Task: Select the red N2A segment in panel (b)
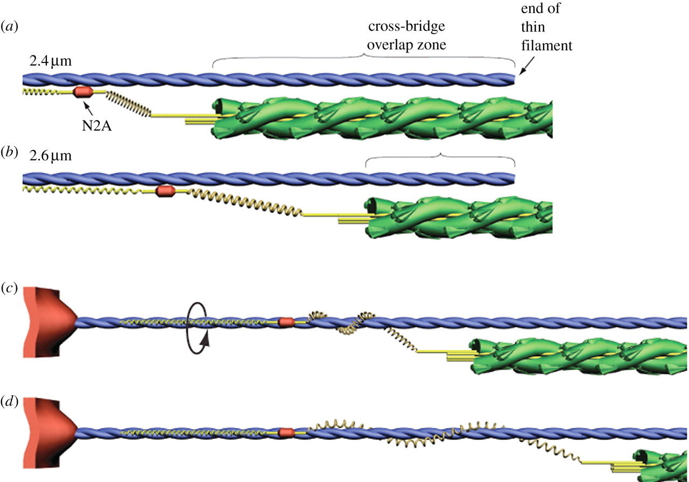click(165, 192)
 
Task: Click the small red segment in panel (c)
click(286, 321)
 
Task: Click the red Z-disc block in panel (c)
click(50, 322)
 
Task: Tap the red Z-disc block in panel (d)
click(50, 432)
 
